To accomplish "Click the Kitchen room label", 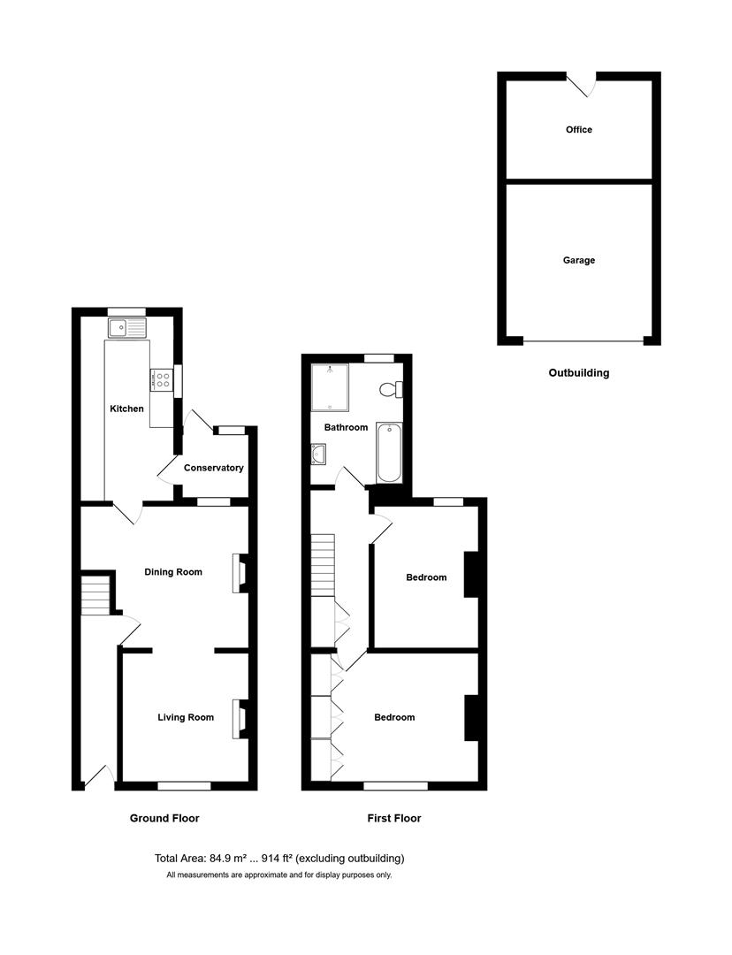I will (126, 409).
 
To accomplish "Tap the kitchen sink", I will (127, 328).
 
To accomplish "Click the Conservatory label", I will (213, 468).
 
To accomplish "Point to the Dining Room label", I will (173, 572).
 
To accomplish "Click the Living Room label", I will (186, 717).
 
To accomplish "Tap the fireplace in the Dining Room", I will (238, 573).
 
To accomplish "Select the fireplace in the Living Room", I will (238, 718).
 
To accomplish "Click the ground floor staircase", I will (95, 595).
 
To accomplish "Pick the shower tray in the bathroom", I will (330, 386).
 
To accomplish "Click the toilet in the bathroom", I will (390, 388).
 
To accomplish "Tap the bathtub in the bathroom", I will (389, 452).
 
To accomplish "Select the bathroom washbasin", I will (318, 454).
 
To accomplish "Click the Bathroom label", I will (346, 427).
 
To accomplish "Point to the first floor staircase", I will (324, 565).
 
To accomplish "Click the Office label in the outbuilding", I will (579, 130).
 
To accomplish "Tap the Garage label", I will (579, 261).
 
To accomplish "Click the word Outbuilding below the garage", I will (579, 373).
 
